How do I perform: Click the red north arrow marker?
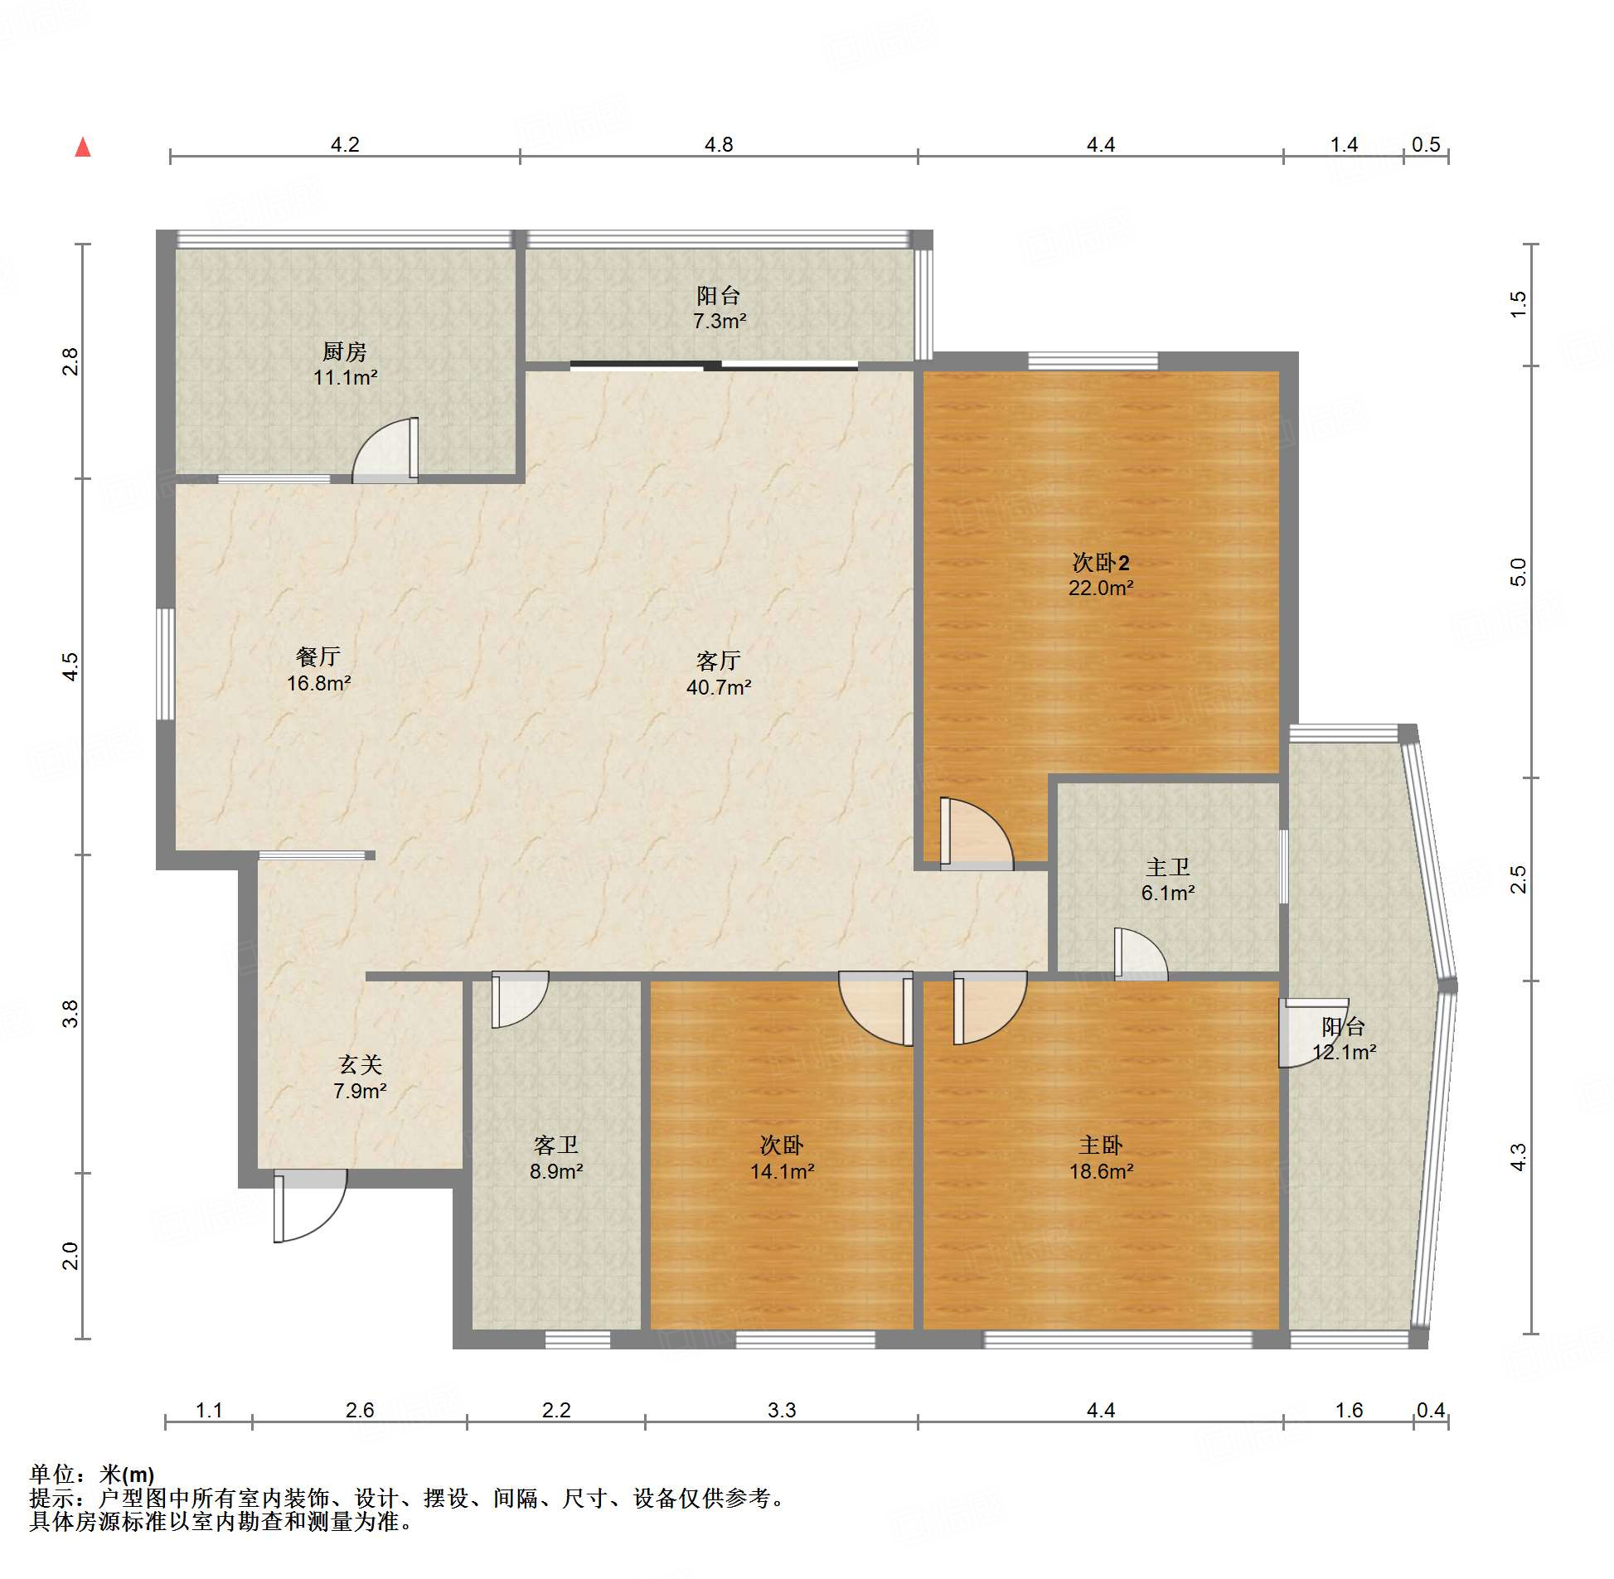[x=83, y=148]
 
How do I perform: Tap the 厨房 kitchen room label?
[x=344, y=351]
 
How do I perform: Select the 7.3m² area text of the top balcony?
[x=719, y=321]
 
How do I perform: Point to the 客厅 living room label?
[x=718, y=660]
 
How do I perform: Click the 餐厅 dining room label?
[x=318, y=656]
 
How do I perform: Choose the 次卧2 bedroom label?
[x=1101, y=562]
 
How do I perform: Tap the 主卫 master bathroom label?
[x=1168, y=868]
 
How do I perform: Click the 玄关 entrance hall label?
[x=360, y=1065]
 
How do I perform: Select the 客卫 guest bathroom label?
[x=555, y=1146]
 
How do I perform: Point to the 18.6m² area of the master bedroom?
[x=1101, y=1171]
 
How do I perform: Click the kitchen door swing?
[x=385, y=450]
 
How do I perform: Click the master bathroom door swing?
[x=1141, y=954]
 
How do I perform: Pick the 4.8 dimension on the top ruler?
[x=719, y=144]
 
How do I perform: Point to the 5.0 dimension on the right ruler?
[x=1518, y=572]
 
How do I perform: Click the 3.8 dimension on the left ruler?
[x=70, y=1014]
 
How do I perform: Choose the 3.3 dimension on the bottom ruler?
[x=781, y=1410]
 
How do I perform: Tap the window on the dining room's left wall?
[x=166, y=664]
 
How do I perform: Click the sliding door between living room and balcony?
[x=714, y=365]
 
